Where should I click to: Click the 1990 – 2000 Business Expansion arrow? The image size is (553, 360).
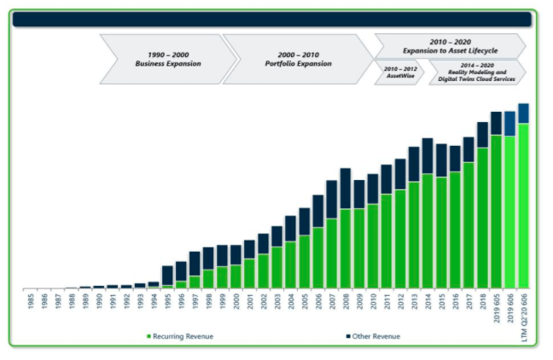pyautogui.click(x=167, y=59)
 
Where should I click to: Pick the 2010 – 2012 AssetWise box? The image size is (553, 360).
pyautogui.click(x=399, y=72)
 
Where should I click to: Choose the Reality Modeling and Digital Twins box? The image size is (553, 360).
pyautogui.click(x=476, y=72)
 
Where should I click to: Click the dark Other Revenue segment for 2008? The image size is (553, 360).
pyautogui.click(x=345, y=188)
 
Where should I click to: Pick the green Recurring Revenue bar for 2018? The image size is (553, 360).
pyautogui.click(x=482, y=218)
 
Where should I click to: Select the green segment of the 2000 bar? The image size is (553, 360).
pyautogui.click(x=236, y=276)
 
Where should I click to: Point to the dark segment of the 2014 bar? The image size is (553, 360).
pyautogui.click(x=427, y=155)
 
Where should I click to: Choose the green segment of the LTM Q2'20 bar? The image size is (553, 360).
pyautogui.click(x=523, y=205)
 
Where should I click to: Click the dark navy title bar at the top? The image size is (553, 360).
pyautogui.click(x=273, y=19)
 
